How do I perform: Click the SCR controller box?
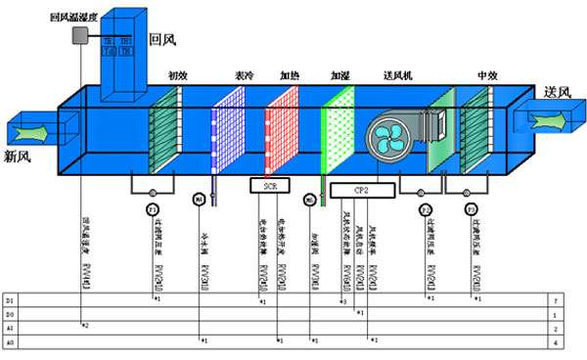271,185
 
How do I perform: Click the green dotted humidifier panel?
338,136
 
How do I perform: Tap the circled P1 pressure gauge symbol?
153,211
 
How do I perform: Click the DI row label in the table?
10,297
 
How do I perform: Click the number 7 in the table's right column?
555,297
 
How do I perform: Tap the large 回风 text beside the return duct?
161,39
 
